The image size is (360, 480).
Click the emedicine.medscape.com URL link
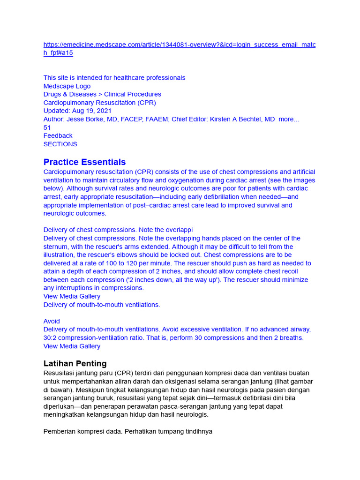[180, 45]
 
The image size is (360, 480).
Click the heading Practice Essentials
[84, 162]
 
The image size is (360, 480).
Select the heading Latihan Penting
[75, 363]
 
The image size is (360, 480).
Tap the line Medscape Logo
[67, 86]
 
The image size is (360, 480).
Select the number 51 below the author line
[47, 127]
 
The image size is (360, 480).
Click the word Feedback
[58, 136]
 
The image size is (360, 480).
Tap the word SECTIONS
[60, 144]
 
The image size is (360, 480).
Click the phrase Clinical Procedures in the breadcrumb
[133, 94]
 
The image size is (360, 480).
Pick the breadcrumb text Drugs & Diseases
[70, 94]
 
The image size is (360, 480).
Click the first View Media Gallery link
[72, 296]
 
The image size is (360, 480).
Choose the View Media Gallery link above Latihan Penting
[72, 346]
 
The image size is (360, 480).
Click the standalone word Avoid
[52, 321]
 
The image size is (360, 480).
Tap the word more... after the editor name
[289, 119]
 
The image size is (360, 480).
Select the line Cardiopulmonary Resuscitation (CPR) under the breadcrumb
[100, 103]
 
